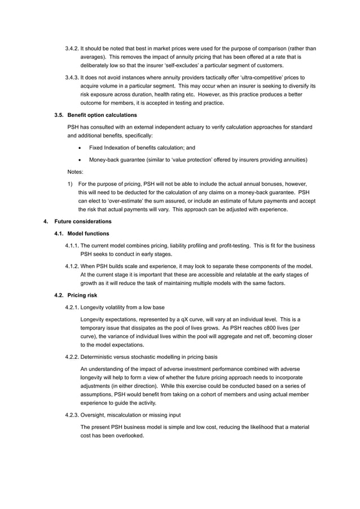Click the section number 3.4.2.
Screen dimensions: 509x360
(x=73, y=49)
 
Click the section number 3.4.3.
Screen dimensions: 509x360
(x=73, y=77)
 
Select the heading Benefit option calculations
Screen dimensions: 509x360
(x=102, y=115)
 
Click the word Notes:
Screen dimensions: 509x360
(x=75, y=172)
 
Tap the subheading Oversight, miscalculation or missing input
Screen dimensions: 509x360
(x=130, y=415)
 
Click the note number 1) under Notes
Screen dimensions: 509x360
(x=69, y=184)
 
